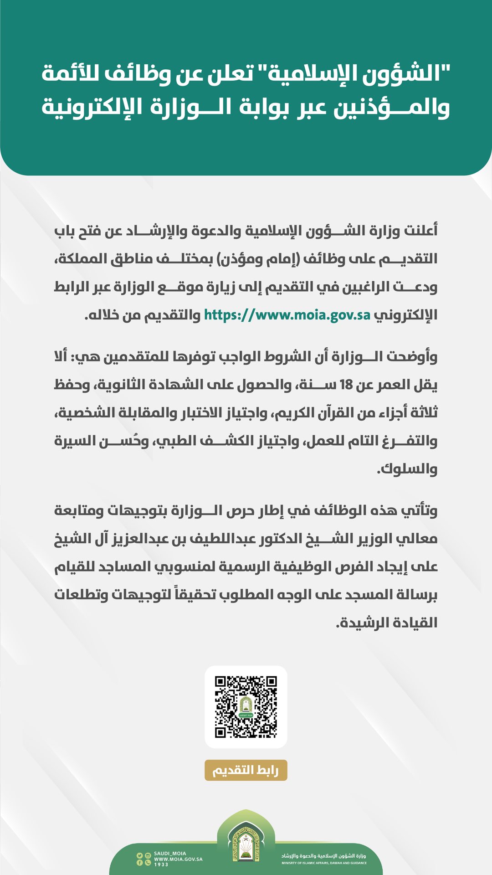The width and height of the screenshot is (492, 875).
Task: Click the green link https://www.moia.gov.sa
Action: (x=287, y=315)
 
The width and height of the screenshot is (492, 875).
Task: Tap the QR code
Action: (x=246, y=707)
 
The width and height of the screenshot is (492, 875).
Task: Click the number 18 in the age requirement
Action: (x=346, y=385)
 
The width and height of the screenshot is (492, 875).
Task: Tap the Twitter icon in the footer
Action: (x=140, y=856)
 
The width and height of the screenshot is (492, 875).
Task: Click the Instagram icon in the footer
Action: (x=148, y=856)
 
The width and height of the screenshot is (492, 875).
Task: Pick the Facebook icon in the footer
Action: (x=140, y=863)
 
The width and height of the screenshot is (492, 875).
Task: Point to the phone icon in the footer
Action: (x=148, y=863)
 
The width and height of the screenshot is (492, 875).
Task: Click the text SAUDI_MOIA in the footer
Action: (x=170, y=854)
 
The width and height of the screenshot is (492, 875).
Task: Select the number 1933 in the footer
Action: (x=161, y=865)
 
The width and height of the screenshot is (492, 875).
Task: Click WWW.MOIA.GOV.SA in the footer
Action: (x=178, y=859)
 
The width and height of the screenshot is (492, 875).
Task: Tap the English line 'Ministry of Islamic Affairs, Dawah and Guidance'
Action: (x=324, y=863)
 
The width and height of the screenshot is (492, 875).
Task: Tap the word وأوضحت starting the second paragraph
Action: (x=412, y=357)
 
